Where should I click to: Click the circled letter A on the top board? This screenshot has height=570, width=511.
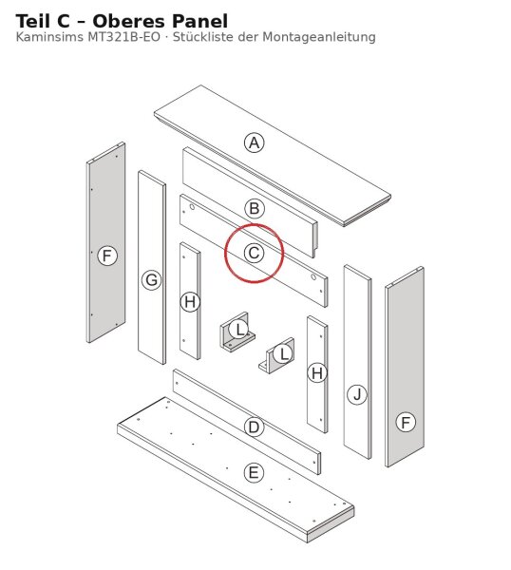coord(254,142)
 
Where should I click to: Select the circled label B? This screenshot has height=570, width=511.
coord(254,209)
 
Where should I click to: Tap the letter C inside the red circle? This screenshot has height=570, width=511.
coord(254,253)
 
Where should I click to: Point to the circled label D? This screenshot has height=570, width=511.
coord(254,427)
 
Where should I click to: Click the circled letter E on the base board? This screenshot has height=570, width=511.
coord(254,473)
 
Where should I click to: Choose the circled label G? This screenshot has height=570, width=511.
coord(151,280)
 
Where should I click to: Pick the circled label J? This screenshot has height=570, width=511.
coord(357,395)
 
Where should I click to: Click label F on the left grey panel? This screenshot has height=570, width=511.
coord(107,256)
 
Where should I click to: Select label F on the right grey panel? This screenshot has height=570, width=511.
coord(406,423)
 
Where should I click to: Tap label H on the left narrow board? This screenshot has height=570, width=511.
coord(190,302)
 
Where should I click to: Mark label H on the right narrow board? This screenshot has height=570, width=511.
coord(317,373)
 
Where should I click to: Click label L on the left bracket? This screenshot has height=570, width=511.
coord(238,330)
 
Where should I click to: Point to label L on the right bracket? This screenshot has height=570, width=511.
coord(283,353)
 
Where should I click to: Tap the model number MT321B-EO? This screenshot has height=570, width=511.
coord(123,37)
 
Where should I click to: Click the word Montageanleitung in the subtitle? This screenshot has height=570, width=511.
coord(319,37)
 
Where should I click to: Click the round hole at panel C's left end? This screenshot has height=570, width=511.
coord(192,207)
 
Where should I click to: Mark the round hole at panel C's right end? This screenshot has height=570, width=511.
coord(313,277)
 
